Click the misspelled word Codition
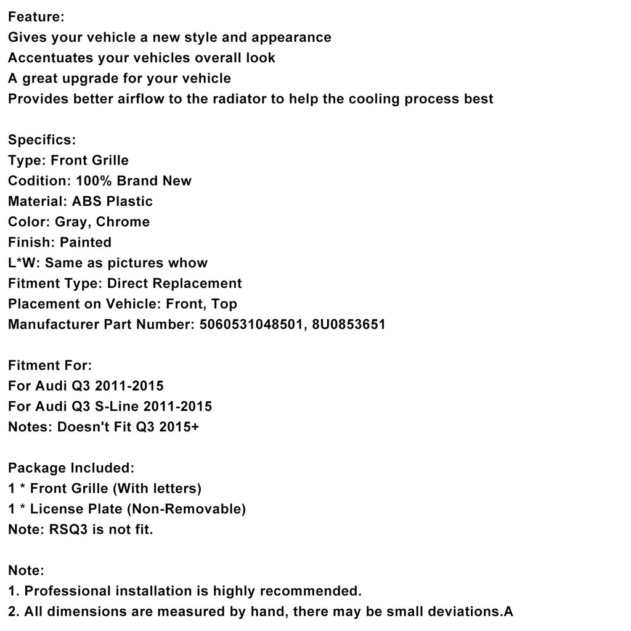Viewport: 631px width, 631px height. tap(37, 181)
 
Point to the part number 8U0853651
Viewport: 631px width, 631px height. tap(351, 325)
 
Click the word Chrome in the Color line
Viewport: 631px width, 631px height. tap(123, 222)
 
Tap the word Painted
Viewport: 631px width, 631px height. tap(86, 243)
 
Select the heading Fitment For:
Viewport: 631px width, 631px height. tap(50, 365)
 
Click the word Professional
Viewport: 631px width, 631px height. tap(68, 592)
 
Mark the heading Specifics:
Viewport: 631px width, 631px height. tap(42, 140)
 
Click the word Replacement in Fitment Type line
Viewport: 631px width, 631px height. tap(197, 283)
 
